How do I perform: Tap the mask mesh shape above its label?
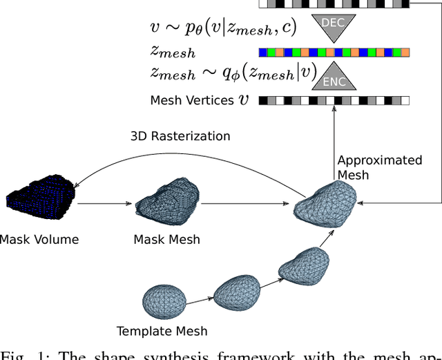point(166,201)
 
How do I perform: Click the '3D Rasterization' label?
point(180,136)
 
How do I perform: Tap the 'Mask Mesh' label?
point(166,240)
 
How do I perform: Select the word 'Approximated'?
point(379,160)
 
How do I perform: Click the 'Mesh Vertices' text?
point(192,100)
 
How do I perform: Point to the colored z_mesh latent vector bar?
point(334,52)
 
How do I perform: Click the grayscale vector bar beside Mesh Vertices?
point(334,100)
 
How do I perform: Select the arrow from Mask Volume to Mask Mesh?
point(104,204)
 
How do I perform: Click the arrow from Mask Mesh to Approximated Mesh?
point(244,204)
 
